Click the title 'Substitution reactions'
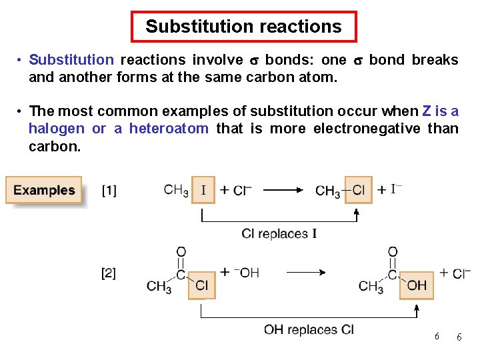click(243, 27)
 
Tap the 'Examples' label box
click(44, 190)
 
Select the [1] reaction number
click(109, 191)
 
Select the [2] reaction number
click(109, 273)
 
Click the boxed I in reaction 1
click(203, 190)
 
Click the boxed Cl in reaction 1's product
click(358, 190)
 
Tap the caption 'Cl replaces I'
click(279, 233)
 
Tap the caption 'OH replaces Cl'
click(309, 329)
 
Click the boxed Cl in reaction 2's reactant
click(201, 286)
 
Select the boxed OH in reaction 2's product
click(416, 286)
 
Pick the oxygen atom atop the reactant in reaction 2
click(181, 252)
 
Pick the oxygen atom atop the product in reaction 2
click(393, 252)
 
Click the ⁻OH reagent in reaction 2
click(246, 272)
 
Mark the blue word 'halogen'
click(57, 128)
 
